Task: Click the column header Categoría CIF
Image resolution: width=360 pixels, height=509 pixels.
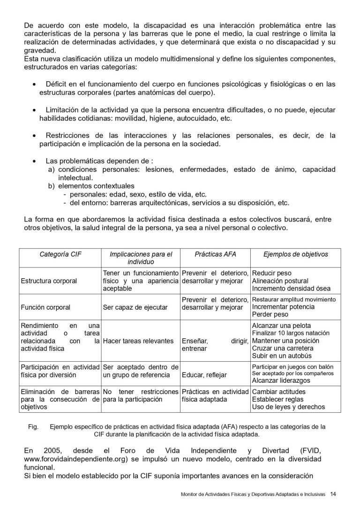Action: click(x=60, y=254)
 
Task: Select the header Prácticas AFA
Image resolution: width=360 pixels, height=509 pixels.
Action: click(x=215, y=254)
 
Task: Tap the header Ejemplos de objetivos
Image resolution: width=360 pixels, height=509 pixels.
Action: click(x=295, y=254)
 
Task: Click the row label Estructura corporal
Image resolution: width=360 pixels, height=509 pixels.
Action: click(x=49, y=281)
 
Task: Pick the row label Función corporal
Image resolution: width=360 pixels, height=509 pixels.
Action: click(x=45, y=308)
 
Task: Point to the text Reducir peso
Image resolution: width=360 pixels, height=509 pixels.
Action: click(x=271, y=273)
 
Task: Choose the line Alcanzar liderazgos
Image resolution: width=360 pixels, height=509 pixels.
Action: click(x=281, y=380)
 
